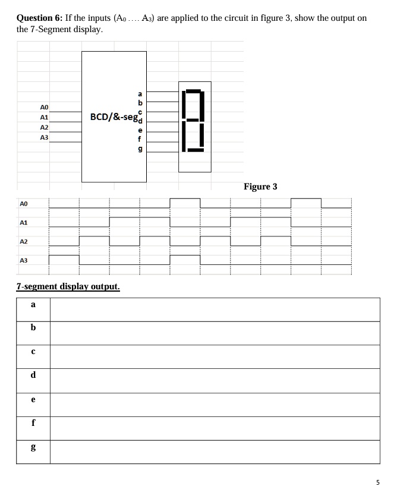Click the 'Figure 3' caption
260,187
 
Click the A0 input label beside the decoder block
43,106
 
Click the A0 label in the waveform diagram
23,204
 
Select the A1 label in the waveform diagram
23,223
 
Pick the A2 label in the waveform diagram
23,242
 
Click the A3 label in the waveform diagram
23,261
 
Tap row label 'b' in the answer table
33,328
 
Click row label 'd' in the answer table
33,375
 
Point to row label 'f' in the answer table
33,424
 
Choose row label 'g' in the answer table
33,447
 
